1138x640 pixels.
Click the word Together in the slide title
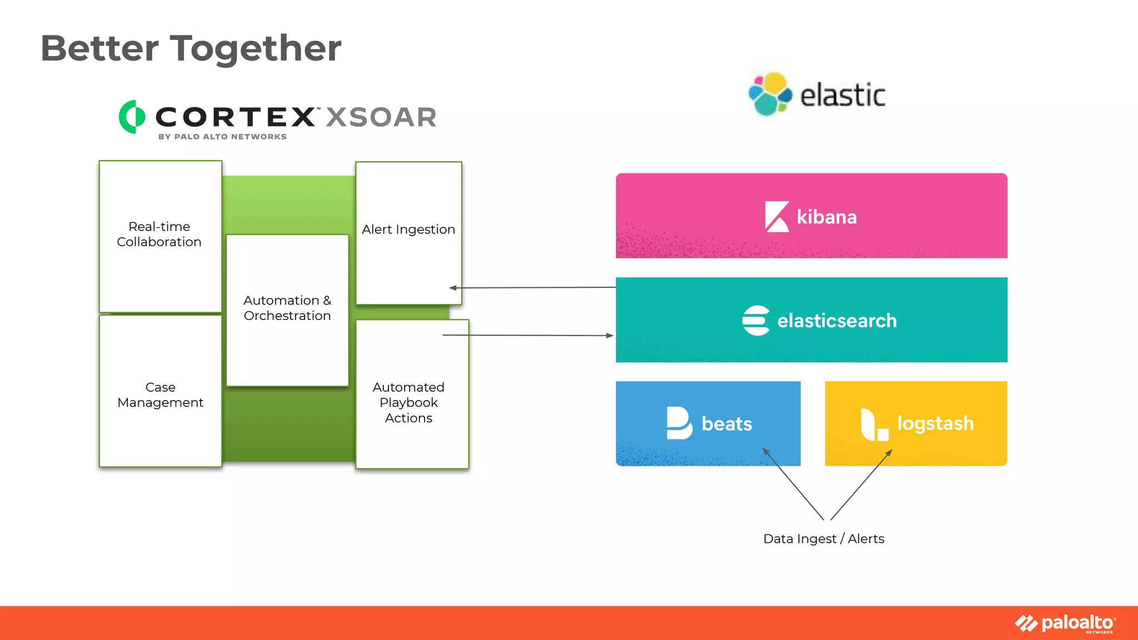click(255, 48)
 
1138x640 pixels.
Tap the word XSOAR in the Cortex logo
click(381, 117)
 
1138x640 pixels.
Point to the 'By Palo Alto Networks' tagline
click(222, 137)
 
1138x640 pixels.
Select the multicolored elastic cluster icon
click(770, 94)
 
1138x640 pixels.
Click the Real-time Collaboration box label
click(159, 234)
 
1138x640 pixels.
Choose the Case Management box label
click(161, 395)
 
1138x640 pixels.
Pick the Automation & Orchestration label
click(287, 308)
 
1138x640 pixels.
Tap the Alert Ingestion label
click(408, 229)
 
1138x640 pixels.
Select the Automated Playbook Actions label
click(408, 403)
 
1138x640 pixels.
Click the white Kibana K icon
click(777, 217)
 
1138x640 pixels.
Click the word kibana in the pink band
click(827, 217)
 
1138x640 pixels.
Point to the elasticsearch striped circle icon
click(756, 321)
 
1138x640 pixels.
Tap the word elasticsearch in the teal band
click(837, 321)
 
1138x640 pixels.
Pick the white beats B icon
click(679, 423)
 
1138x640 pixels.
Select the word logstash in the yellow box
click(936, 423)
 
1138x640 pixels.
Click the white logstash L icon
click(874, 425)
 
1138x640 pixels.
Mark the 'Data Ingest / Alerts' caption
click(823, 539)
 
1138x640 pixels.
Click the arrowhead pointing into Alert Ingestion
click(453, 288)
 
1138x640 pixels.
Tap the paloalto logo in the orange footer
click(1066, 623)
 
